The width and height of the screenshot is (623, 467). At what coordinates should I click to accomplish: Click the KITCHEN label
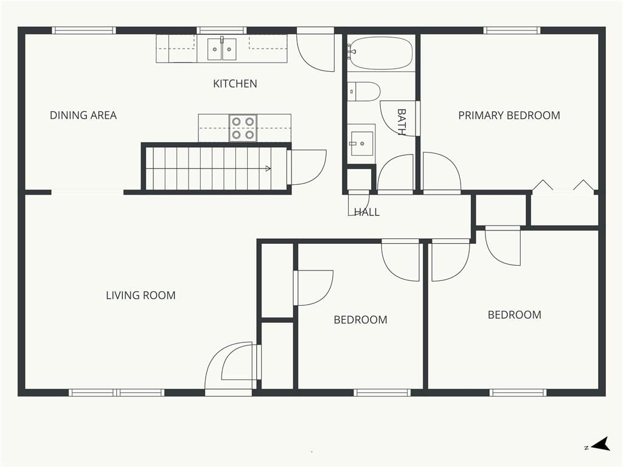[235, 84]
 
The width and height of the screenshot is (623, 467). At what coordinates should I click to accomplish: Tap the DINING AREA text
[83, 116]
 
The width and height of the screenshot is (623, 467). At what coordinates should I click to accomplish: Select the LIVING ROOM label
[141, 296]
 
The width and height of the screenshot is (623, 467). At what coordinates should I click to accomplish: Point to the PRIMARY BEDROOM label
[509, 116]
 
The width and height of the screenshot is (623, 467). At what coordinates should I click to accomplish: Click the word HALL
[367, 212]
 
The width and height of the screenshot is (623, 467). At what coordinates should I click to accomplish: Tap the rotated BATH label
[402, 122]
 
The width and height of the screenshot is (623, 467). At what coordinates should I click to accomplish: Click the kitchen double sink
[221, 49]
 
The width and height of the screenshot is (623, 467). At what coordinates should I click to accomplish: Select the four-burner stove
[243, 128]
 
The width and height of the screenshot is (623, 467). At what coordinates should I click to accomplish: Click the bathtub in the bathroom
[381, 54]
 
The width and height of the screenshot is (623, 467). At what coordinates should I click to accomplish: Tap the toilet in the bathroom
[364, 92]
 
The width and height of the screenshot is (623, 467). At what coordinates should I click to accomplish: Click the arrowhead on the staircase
[268, 169]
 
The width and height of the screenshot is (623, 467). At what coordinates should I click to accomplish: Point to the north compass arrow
[601, 445]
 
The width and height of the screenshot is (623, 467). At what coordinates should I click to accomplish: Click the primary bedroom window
[512, 30]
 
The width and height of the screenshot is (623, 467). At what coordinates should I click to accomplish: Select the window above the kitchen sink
[221, 30]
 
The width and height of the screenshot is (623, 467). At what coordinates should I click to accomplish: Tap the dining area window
[83, 30]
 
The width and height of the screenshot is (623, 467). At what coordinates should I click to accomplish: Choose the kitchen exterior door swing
[316, 49]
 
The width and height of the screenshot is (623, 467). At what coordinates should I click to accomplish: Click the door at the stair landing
[307, 168]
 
